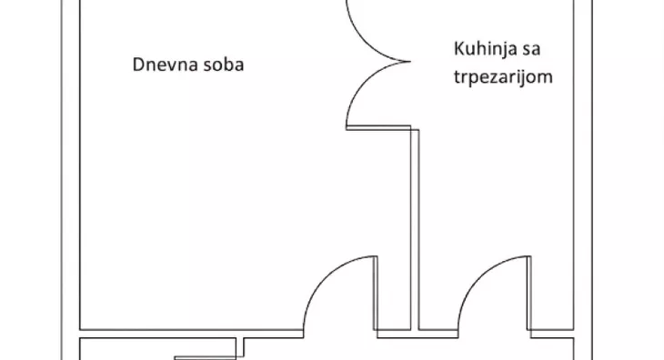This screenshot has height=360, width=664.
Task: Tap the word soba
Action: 223,65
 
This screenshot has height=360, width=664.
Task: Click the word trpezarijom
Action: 502,76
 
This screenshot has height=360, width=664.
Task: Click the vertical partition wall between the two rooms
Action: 416,227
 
